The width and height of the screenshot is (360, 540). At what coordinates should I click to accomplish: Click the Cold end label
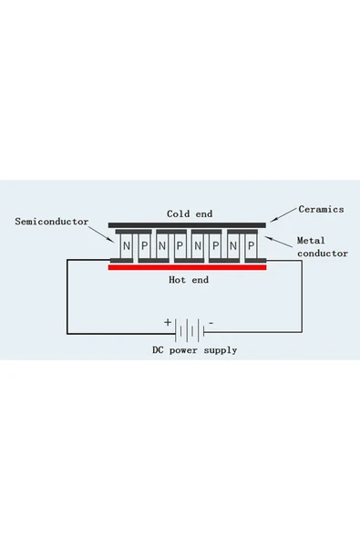pos(190,213)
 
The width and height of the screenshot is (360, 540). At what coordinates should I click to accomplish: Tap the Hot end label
pos(189,280)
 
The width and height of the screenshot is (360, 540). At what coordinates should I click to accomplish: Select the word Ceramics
pos(321,209)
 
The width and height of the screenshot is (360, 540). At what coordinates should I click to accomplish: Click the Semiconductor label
pos(52,222)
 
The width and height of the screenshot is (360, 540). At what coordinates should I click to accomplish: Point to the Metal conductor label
pos(323,246)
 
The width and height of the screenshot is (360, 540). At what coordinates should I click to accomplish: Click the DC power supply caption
pos(195,350)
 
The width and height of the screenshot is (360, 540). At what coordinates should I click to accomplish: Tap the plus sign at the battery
pos(168,322)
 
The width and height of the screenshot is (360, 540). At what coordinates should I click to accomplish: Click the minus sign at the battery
pos(211,323)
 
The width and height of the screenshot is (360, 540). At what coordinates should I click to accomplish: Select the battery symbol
pos(190,330)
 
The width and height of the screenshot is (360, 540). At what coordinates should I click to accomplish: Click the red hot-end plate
pos(187,267)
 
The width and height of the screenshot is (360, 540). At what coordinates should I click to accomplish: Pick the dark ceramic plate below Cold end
pos(187,225)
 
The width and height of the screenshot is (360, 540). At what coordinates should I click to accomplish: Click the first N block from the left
pos(127,246)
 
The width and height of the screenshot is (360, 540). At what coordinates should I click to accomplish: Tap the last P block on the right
pos(252,246)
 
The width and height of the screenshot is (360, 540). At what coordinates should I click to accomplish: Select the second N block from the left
pos(162,246)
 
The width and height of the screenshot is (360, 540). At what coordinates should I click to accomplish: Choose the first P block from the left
pos(145,246)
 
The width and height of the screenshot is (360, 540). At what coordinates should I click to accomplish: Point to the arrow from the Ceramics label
pos(283,215)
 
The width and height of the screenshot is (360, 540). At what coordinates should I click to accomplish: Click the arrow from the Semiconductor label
pos(101,234)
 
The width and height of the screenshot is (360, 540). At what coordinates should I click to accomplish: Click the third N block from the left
pos(198,246)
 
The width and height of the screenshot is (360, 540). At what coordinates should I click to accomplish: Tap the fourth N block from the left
pos(233,246)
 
